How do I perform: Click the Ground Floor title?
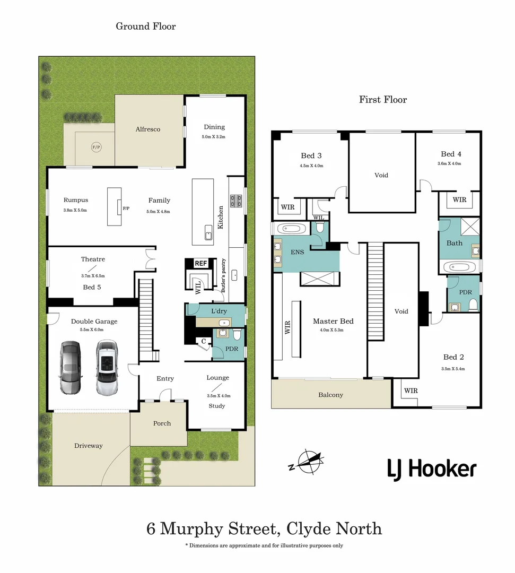[x=146, y=26]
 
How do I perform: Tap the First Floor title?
[x=383, y=99]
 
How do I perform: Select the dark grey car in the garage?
[x=70, y=368]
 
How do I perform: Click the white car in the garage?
[x=107, y=368]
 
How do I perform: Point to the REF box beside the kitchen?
[x=200, y=263]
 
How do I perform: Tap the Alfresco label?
[x=148, y=129]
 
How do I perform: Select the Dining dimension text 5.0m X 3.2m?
[x=214, y=137]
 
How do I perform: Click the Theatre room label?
[x=93, y=259]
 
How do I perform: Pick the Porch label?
[x=162, y=423]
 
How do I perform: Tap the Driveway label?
[x=88, y=446]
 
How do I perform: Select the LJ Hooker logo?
[x=431, y=470]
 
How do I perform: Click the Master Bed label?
[x=333, y=321]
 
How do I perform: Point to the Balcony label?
[x=330, y=395]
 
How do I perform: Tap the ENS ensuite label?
[x=297, y=252]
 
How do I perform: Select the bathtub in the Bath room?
[x=459, y=266]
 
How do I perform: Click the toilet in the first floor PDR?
[x=473, y=304]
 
